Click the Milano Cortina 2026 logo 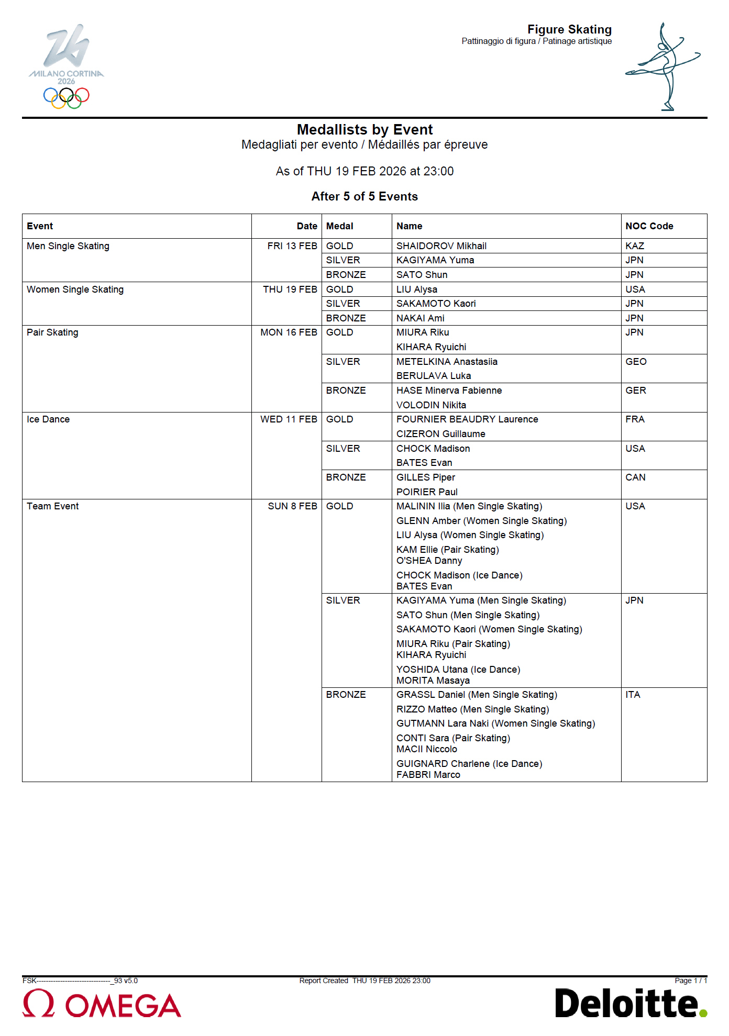pos(67,66)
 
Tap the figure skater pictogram pos(662,66)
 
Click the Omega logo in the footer pos(102,1004)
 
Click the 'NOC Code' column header pos(649,226)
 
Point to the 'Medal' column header pos(339,226)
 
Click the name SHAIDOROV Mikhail pos(441,246)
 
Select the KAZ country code pos(634,246)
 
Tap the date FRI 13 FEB pos(292,246)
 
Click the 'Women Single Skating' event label pos(75,289)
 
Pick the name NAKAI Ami pos(420,318)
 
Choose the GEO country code pos(636,362)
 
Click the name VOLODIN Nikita pos(431,405)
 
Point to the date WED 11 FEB pos(289,419)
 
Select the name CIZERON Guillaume pos(440,434)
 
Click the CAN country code pos(635,477)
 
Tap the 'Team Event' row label pos(52,506)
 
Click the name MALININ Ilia pos(423,506)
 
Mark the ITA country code pos(633,695)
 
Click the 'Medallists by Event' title pos(364,130)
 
